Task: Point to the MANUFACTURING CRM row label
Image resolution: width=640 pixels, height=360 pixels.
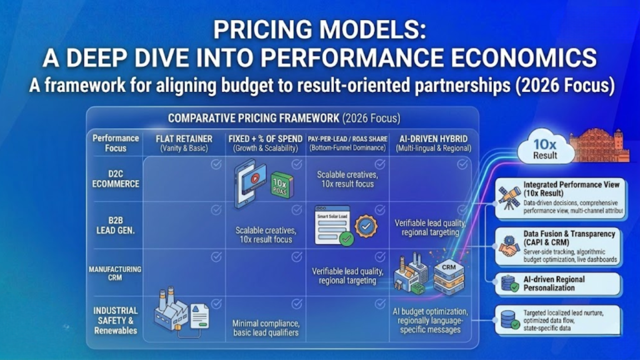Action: click(115, 273)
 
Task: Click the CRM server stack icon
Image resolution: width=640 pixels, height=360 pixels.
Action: click(447, 276)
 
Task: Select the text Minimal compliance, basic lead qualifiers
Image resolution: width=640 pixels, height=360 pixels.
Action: click(266, 327)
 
